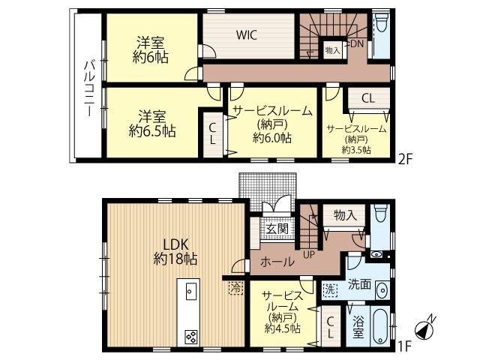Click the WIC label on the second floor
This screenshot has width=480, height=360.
(247, 35)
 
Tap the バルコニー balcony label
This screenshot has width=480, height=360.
(89, 88)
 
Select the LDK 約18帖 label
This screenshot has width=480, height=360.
(175, 252)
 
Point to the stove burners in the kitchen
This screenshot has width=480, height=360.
(191, 337)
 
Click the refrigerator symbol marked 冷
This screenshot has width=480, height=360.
(236, 288)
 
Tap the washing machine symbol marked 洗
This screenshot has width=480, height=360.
(330, 289)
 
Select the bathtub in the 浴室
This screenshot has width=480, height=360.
(380, 327)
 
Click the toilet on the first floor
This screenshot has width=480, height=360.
(381, 213)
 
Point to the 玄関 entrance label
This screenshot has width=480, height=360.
(277, 228)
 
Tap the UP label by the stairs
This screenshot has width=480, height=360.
(308, 254)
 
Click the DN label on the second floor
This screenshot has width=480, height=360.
(356, 43)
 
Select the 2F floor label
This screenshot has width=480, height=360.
(405, 159)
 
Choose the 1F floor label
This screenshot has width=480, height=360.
(403, 346)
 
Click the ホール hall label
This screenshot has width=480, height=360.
(277, 262)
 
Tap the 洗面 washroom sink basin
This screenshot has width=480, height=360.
(382, 290)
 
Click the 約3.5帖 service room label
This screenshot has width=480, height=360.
(357, 150)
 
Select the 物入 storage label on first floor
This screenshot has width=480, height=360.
(345, 215)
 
